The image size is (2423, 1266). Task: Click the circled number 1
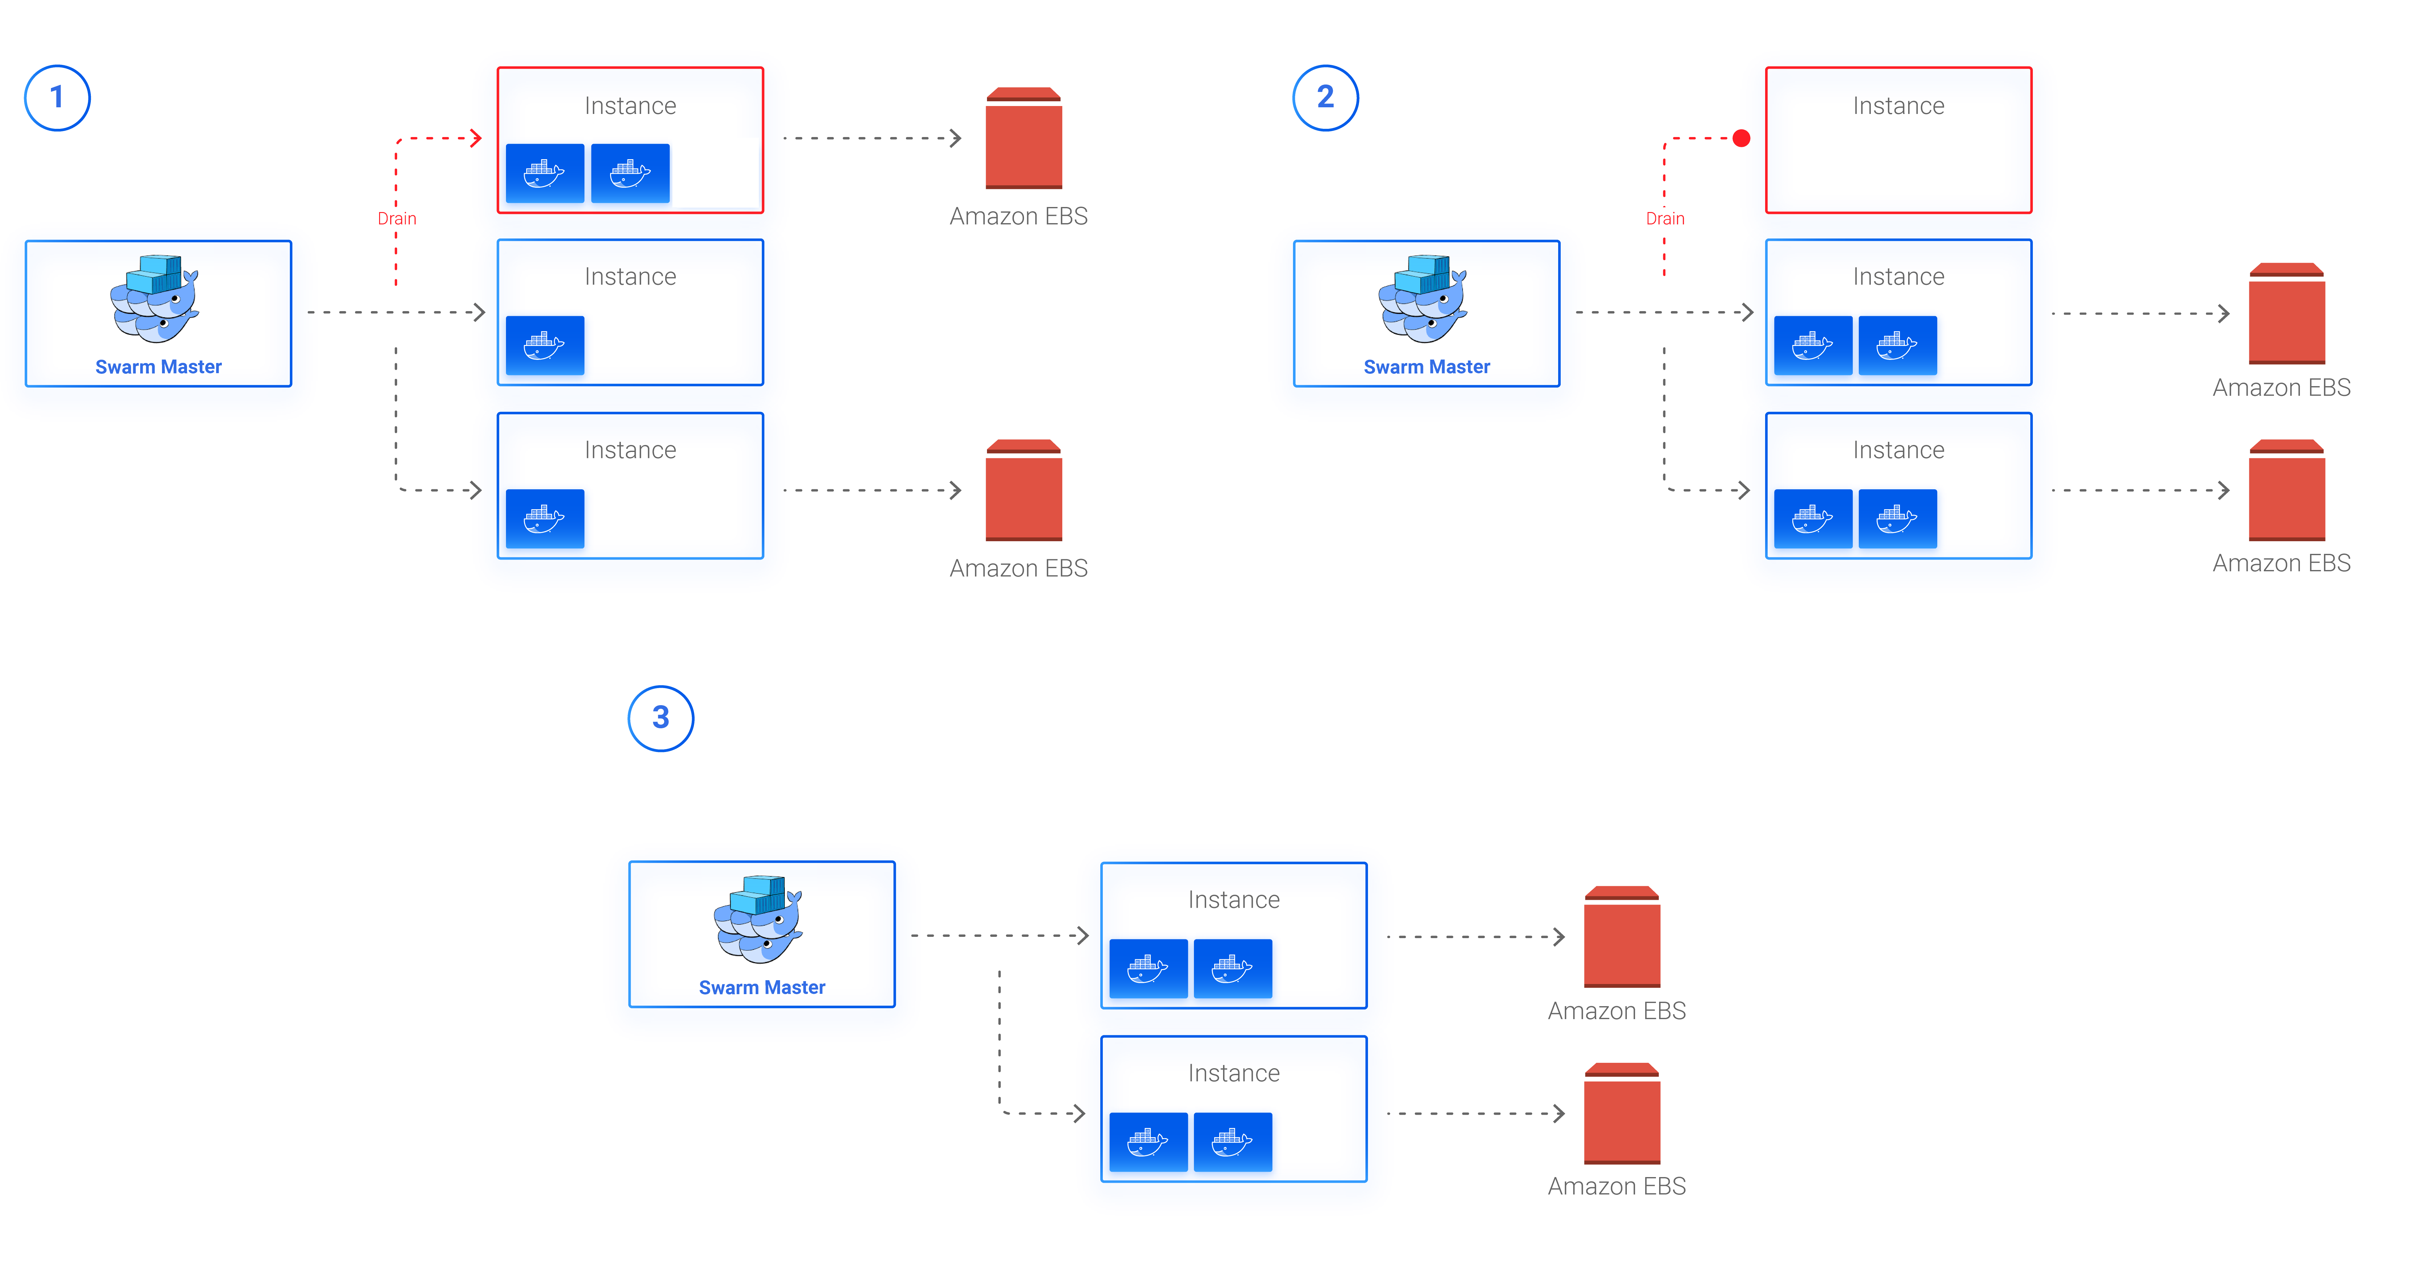(x=57, y=98)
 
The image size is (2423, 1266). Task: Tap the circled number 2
(x=1325, y=98)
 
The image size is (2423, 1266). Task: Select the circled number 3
(x=660, y=718)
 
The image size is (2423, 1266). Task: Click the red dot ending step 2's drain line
(x=1741, y=138)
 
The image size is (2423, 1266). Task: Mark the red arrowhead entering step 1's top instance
(x=476, y=138)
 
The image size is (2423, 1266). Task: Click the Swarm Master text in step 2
(x=1427, y=366)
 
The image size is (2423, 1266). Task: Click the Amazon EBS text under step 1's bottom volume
(x=1019, y=568)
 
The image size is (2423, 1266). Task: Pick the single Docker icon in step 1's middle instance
(x=544, y=345)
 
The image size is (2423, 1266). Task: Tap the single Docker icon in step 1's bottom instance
(x=544, y=518)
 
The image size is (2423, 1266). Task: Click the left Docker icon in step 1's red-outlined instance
(x=544, y=173)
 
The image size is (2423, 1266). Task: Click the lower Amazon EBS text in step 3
(x=1617, y=1186)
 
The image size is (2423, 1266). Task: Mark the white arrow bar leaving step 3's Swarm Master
(x=998, y=935)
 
